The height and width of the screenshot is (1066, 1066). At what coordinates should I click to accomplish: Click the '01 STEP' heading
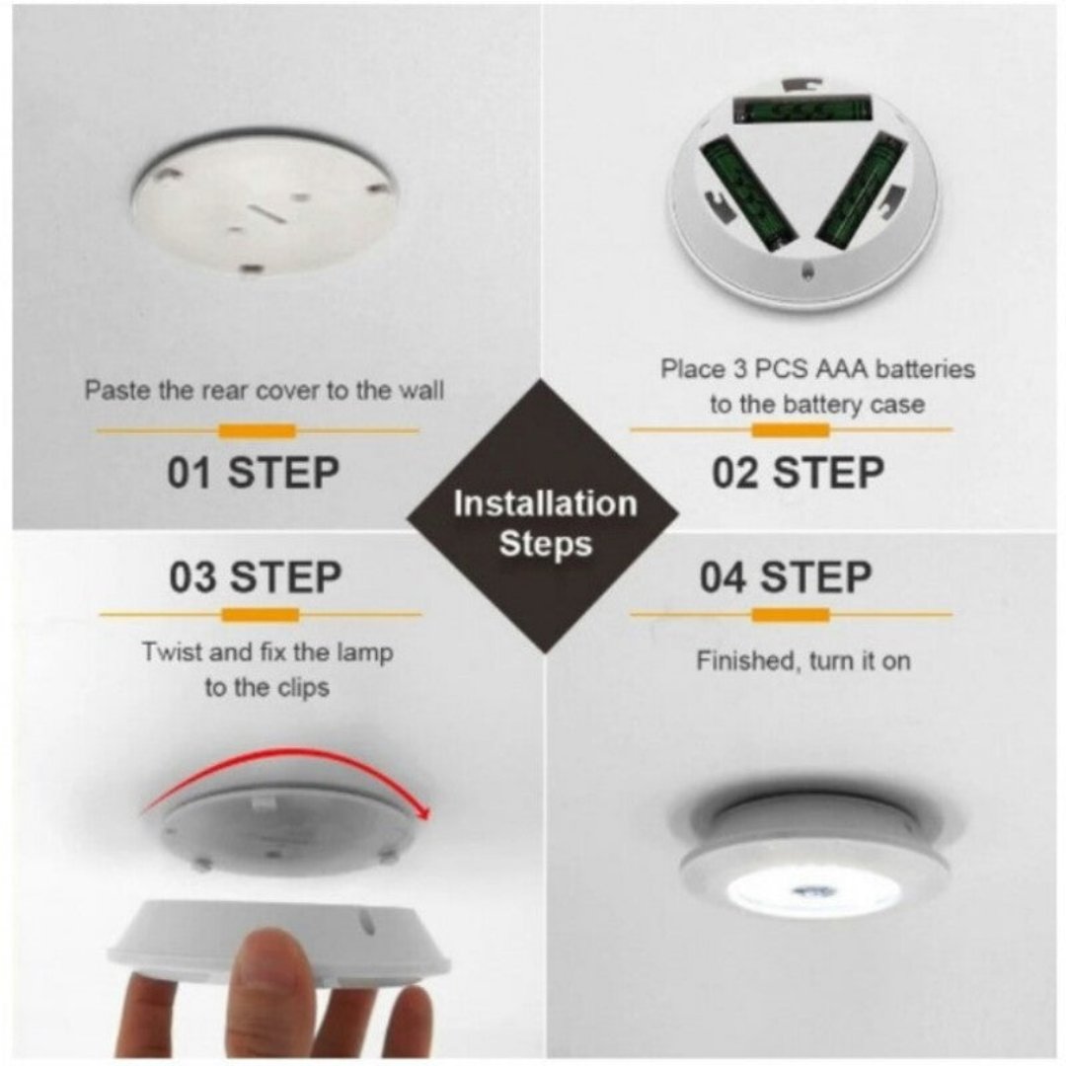253,473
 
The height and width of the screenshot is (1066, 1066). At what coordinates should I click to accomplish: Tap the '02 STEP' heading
799,473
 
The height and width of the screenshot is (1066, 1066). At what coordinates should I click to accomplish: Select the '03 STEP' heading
255,576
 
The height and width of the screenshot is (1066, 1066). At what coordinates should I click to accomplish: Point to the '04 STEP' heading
786,576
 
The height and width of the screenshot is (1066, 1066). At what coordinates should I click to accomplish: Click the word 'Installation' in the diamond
545,503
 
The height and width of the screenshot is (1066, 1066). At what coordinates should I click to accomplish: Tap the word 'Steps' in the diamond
546,544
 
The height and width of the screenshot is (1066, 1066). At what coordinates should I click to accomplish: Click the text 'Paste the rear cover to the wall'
264,390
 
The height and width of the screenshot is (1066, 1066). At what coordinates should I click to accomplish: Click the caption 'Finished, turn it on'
802,660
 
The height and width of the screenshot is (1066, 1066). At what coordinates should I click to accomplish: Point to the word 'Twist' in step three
173,652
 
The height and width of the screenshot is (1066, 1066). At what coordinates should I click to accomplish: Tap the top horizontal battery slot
802,109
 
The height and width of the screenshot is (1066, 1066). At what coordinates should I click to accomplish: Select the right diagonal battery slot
859,191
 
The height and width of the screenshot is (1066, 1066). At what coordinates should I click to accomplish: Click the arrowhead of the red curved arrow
424,813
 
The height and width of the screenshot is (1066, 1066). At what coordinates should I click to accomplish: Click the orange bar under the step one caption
257,431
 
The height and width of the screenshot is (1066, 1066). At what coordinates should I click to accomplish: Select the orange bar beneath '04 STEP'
791,615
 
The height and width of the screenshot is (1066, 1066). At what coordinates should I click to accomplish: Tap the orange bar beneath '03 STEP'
261,615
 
